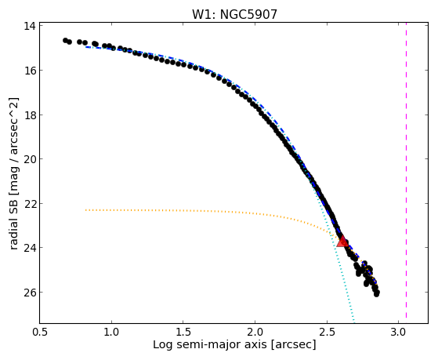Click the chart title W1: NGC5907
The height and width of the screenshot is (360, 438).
click(x=234, y=14)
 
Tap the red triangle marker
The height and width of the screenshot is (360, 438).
click(x=342, y=242)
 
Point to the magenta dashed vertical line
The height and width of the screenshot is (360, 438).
click(x=406, y=170)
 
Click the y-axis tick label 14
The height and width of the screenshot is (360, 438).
click(x=30, y=26)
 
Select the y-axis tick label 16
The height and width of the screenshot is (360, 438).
click(x=30, y=71)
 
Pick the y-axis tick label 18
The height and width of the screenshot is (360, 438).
click(x=30, y=115)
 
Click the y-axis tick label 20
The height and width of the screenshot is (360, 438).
click(x=30, y=159)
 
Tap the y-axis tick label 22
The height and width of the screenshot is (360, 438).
click(x=30, y=203)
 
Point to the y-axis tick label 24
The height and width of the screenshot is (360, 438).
click(x=30, y=248)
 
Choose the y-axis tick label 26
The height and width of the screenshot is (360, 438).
click(x=30, y=292)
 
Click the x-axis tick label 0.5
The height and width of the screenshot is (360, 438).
click(x=40, y=333)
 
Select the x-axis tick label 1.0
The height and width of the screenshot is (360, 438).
click(x=112, y=333)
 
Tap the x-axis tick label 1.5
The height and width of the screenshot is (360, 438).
click(x=183, y=333)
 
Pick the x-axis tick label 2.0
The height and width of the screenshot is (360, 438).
click(x=255, y=333)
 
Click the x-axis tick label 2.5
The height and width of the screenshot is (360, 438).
click(x=327, y=333)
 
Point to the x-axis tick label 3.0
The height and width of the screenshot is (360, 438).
click(x=398, y=333)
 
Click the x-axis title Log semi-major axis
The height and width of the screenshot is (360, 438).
click(x=209, y=345)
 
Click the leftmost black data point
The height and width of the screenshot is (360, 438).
click(x=65, y=41)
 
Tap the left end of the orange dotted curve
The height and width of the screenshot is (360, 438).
click(x=85, y=209)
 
